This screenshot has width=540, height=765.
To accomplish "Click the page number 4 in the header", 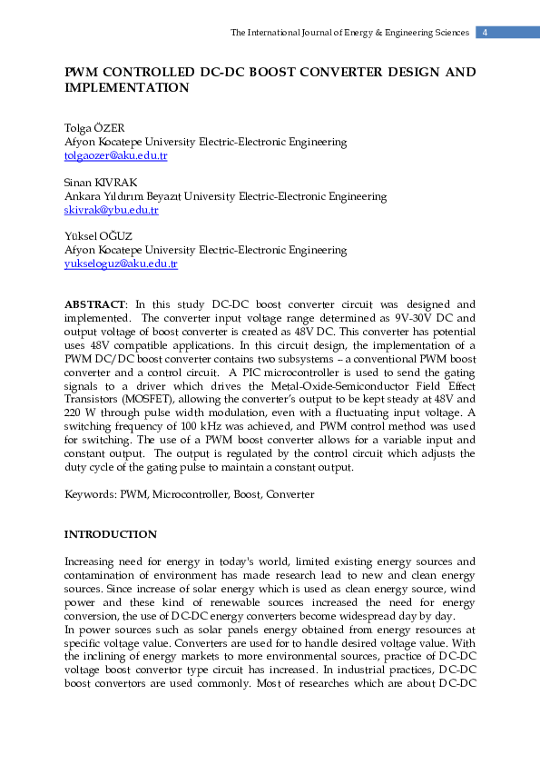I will tap(486, 33).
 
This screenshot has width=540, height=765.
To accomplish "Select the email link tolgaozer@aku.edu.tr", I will tap(115, 156).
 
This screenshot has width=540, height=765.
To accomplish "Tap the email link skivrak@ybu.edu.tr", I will tap(111, 210).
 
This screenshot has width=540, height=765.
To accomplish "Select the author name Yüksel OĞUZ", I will tap(98, 236).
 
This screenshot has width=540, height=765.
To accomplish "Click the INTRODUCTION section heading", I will tap(110, 534).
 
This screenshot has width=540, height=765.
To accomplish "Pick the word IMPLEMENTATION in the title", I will tap(126, 88).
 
